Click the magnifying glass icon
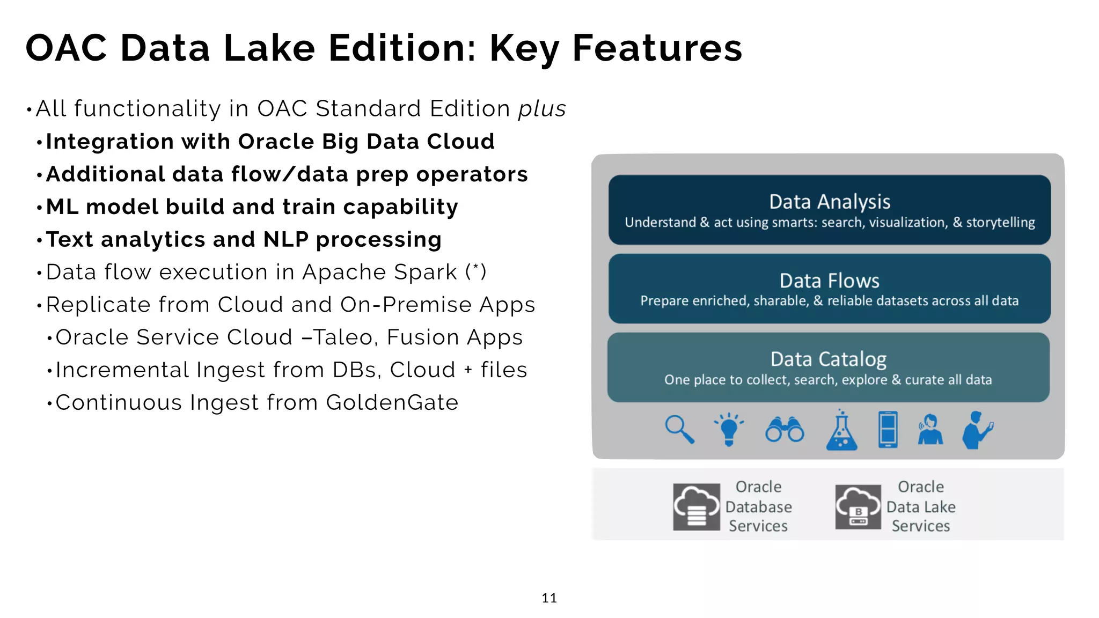pyautogui.click(x=679, y=429)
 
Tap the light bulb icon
pyautogui.click(x=729, y=429)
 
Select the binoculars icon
pyautogui.click(x=785, y=430)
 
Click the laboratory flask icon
pyautogui.click(x=841, y=431)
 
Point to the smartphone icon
pyautogui.click(x=888, y=429)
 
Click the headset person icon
pyautogui.click(x=930, y=429)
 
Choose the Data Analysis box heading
pyautogui.click(x=829, y=202)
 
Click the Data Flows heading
pyautogui.click(x=829, y=281)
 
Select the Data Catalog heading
pyautogui.click(x=828, y=359)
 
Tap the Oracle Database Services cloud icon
pyautogui.click(x=697, y=506)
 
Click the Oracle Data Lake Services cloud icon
pyautogui.click(x=858, y=506)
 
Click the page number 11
pyautogui.click(x=549, y=598)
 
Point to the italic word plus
pyautogui.click(x=541, y=109)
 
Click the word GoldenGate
pyautogui.click(x=392, y=402)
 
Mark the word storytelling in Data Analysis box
pyautogui.click(x=1000, y=222)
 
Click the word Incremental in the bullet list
pyautogui.click(x=122, y=370)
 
